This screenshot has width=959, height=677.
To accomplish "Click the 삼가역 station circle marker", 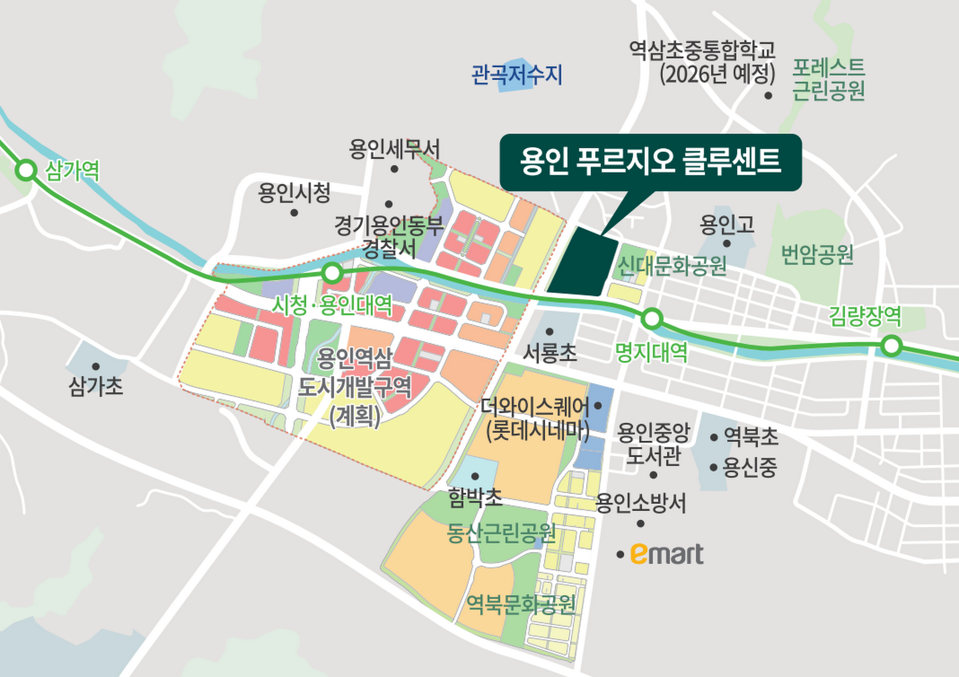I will pyautogui.click(x=26, y=170).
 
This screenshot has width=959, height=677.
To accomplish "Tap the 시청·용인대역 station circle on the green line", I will pyautogui.click(x=332, y=273).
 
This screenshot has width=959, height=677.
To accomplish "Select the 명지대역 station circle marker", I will pyautogui.click(x=652, y=319).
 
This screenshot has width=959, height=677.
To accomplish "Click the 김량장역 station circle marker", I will pyautogui.click(x=891, y=346).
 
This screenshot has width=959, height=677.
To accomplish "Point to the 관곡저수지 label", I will pyautogui.click(x=517, y=75).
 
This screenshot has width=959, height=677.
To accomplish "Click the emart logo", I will pyautogui.click(x=667, y=554).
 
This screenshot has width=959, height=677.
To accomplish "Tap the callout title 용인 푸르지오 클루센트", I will pyautogui.click(x=650, y=161).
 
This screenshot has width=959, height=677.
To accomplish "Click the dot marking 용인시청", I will pyautogui.click(x=294, y=213).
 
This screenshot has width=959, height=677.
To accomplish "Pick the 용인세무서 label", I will pyautogui.click(x=395, y=149).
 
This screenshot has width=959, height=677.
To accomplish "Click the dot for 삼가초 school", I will pyautogui.click(x=95, y=367).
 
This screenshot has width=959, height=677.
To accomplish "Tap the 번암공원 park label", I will pyautogui.click(x=817, y=255).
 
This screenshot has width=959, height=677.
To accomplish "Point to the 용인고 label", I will pyautogui.click(x=727, y=225).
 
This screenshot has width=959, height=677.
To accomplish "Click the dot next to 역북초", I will pyautogui.click(x=714, y=437).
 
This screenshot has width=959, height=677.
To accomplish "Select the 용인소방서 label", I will pyautogui.click(x=641, y=503).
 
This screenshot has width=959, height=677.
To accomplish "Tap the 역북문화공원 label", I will pyautogui.click(x=521, y=605).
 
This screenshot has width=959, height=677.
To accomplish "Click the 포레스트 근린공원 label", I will pyautogui.click(x=829, y=79).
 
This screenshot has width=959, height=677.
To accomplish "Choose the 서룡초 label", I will pyautogui.click(x=549, y=353).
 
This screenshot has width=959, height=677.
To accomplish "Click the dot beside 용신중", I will pyautogui.click(x=714, y=468).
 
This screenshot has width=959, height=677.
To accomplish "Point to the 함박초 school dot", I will pyautogui.click(x=475, y=476).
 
